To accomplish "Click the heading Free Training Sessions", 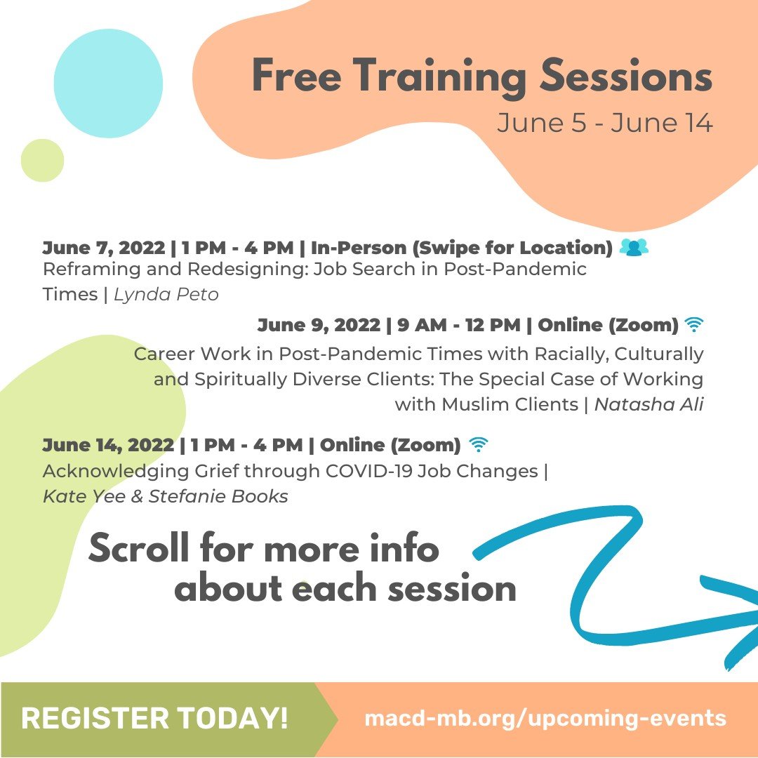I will point(481,77).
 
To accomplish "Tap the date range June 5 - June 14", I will point(604,123).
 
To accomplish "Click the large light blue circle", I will point(108,83).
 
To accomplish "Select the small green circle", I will point(42,160).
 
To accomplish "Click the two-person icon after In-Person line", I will point(634,247).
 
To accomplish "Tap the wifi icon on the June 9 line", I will point(694,325).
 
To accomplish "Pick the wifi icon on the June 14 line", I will point(479,444).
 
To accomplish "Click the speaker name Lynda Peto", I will point(166,294).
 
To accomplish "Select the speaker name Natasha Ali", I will point(649,404).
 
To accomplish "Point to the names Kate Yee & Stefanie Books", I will point(166,496).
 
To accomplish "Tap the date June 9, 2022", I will point(319,325).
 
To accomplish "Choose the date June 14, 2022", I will point(108,445).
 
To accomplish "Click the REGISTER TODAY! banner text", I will point(154,719).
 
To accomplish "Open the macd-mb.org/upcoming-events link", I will point(545,719).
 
